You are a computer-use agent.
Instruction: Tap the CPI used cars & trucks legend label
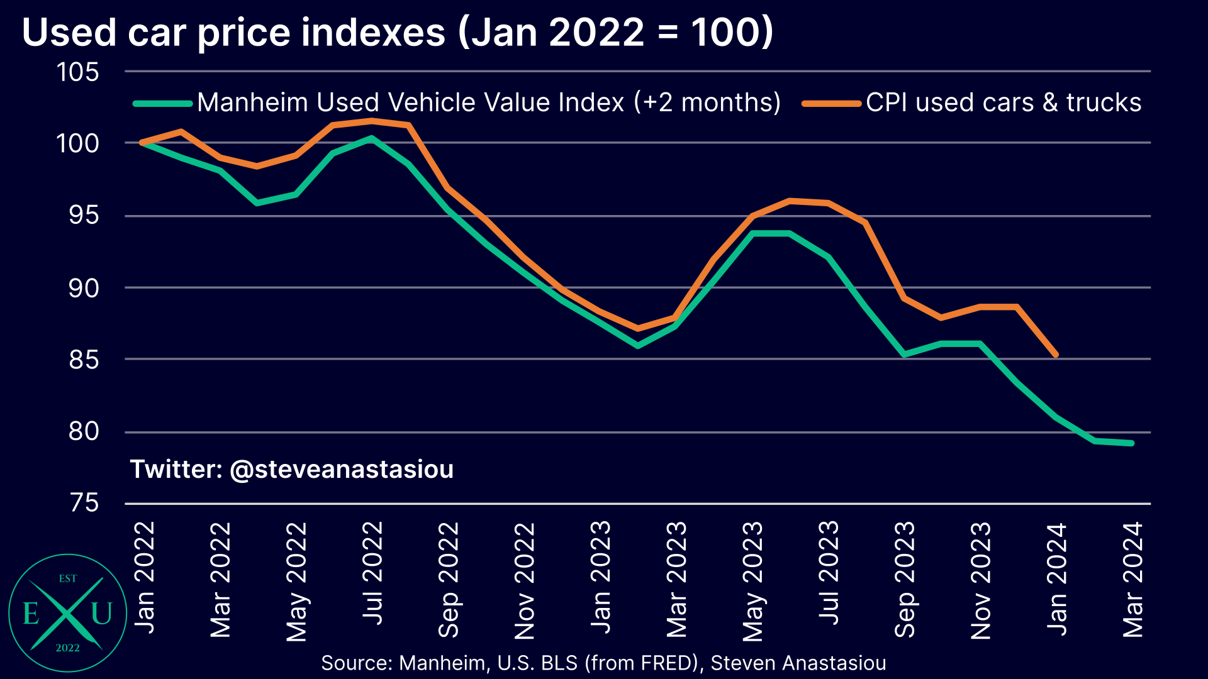pos(1003,102)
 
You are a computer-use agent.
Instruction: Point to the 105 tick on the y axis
pos(78,72)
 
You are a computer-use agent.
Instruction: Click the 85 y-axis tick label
pos(84,360)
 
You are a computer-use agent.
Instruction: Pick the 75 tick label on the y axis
pos(84,503)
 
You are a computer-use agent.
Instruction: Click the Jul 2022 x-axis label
pos(373,573)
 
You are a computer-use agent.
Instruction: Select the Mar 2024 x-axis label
pos(1133,580)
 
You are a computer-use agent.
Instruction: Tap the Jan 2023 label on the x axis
pos(601,577)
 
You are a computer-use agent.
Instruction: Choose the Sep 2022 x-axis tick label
pos(449,580)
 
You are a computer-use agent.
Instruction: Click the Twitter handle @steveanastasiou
pos(291,470)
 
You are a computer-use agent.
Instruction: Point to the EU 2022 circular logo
pos(67,613)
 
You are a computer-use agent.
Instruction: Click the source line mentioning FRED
pos(603,663)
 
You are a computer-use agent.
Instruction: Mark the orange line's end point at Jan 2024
pos(1056,355)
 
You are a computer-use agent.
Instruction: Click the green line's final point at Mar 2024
pos(1132,443)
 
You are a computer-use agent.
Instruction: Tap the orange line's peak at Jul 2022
pos(372,121)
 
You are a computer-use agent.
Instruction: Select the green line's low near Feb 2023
pos(638,346)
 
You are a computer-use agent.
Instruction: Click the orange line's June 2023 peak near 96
pos(790,201)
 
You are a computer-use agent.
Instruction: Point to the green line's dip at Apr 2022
pos(257,203)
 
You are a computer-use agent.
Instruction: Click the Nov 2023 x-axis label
pos(981,580)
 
